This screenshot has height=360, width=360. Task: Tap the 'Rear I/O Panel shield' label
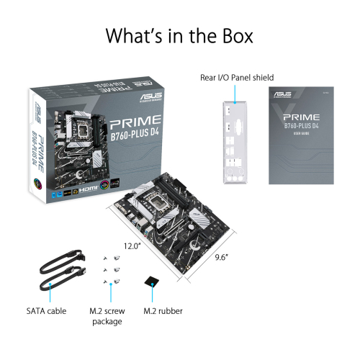click(x=237, y=77)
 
